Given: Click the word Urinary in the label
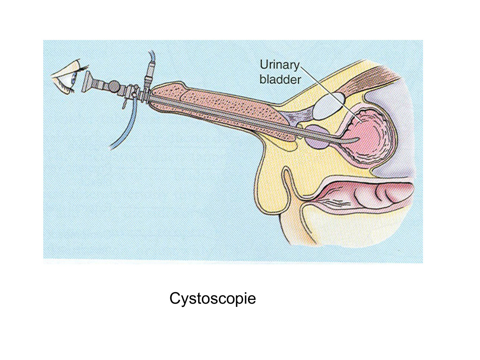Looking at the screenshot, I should coord(279,65).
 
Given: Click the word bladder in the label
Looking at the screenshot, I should coord(280,79).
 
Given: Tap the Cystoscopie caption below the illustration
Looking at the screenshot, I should coord(212,298).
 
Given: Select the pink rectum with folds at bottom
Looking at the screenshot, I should coord(368,195).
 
